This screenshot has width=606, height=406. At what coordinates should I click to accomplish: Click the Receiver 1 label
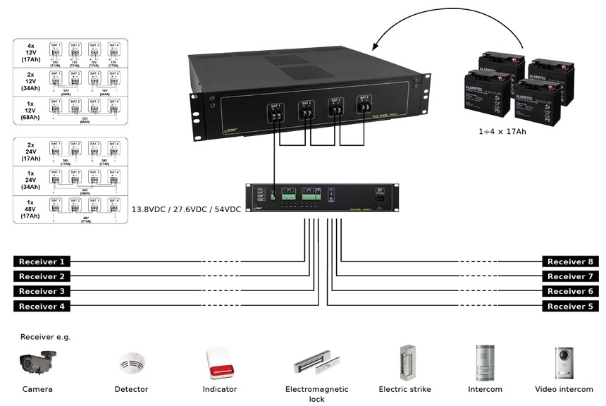coord(42,262)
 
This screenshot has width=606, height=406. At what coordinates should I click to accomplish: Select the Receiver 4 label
coord(42,306)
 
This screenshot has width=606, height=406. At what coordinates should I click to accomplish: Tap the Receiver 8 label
coord(571,262)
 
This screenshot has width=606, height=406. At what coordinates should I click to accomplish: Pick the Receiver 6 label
coord(571,291)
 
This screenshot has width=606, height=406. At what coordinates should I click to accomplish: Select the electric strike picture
coord(405,362)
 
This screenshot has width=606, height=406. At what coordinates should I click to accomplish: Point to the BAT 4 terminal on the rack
coord(363,104)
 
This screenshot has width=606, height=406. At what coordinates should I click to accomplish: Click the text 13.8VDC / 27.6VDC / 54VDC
coord(187,209)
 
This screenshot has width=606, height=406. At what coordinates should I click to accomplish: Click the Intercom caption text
coord(485,389)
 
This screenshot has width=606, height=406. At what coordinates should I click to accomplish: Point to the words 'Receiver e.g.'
coord(46,336)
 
